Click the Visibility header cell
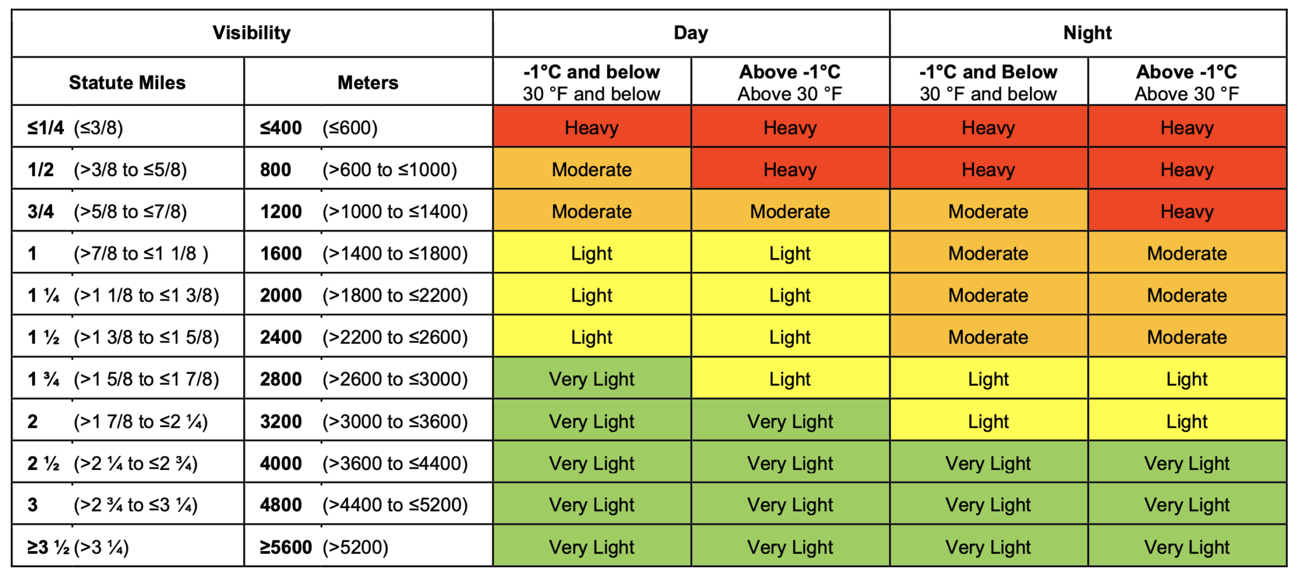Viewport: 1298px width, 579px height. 252,33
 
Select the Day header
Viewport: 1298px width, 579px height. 691,33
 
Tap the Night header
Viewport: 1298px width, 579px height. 1088,33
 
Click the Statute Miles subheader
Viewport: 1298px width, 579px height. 127,82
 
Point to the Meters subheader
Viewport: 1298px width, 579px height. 368,82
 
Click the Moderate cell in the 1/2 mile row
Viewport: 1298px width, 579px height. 591,170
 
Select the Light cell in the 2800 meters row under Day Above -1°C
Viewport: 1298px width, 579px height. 790,379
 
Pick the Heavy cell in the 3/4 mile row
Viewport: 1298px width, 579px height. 1186,212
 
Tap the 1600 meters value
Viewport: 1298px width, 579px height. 281,253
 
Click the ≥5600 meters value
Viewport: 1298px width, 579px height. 286,547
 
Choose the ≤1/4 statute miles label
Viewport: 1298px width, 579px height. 46,128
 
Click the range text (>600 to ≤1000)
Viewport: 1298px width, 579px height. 390,170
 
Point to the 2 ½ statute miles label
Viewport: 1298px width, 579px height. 43,464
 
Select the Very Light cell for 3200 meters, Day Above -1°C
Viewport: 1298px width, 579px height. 790,422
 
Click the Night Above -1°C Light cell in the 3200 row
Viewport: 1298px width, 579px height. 1186,422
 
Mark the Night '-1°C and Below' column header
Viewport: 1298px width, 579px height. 988,82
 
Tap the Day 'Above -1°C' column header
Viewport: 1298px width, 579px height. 790,82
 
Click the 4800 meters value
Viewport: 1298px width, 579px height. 281,506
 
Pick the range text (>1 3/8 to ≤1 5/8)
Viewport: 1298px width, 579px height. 146,338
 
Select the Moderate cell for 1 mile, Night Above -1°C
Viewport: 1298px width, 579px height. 1186,253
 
